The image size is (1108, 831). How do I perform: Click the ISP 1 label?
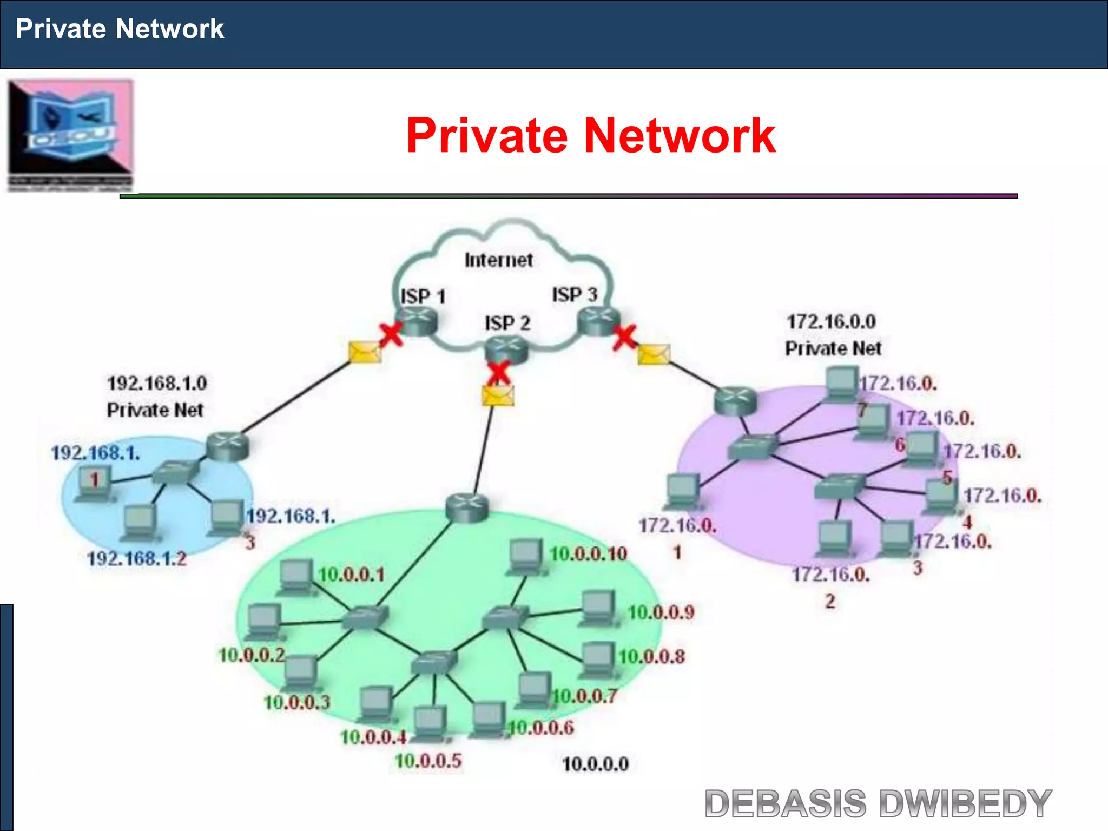point(423,296)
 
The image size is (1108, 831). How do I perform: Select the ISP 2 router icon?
point(506,348)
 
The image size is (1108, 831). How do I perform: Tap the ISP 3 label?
point(575,295)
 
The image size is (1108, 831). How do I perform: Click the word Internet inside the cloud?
point(498,260)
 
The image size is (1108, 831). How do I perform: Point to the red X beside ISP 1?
point(391,334)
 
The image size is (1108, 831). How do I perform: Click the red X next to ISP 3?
point(625,338)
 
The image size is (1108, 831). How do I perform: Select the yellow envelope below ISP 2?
point(498,395)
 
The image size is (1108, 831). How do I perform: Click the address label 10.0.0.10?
point(588,553)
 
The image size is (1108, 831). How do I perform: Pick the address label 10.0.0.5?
point(428,761)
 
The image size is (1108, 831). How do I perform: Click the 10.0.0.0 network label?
point(595,764)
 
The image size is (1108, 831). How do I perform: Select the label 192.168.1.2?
point(137,558)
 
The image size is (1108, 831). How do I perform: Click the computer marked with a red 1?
point(94,483)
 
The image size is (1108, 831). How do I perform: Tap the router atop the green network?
point(467,507)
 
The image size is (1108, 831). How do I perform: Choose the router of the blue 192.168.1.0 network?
point(227,446)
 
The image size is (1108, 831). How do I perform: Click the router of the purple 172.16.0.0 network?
point(735,401)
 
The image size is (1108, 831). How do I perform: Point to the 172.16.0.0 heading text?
point(831,322)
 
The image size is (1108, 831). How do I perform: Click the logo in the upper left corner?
point(70,135)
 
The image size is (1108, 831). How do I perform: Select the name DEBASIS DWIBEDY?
point(878,803)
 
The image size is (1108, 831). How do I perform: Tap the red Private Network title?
point(591,135)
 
